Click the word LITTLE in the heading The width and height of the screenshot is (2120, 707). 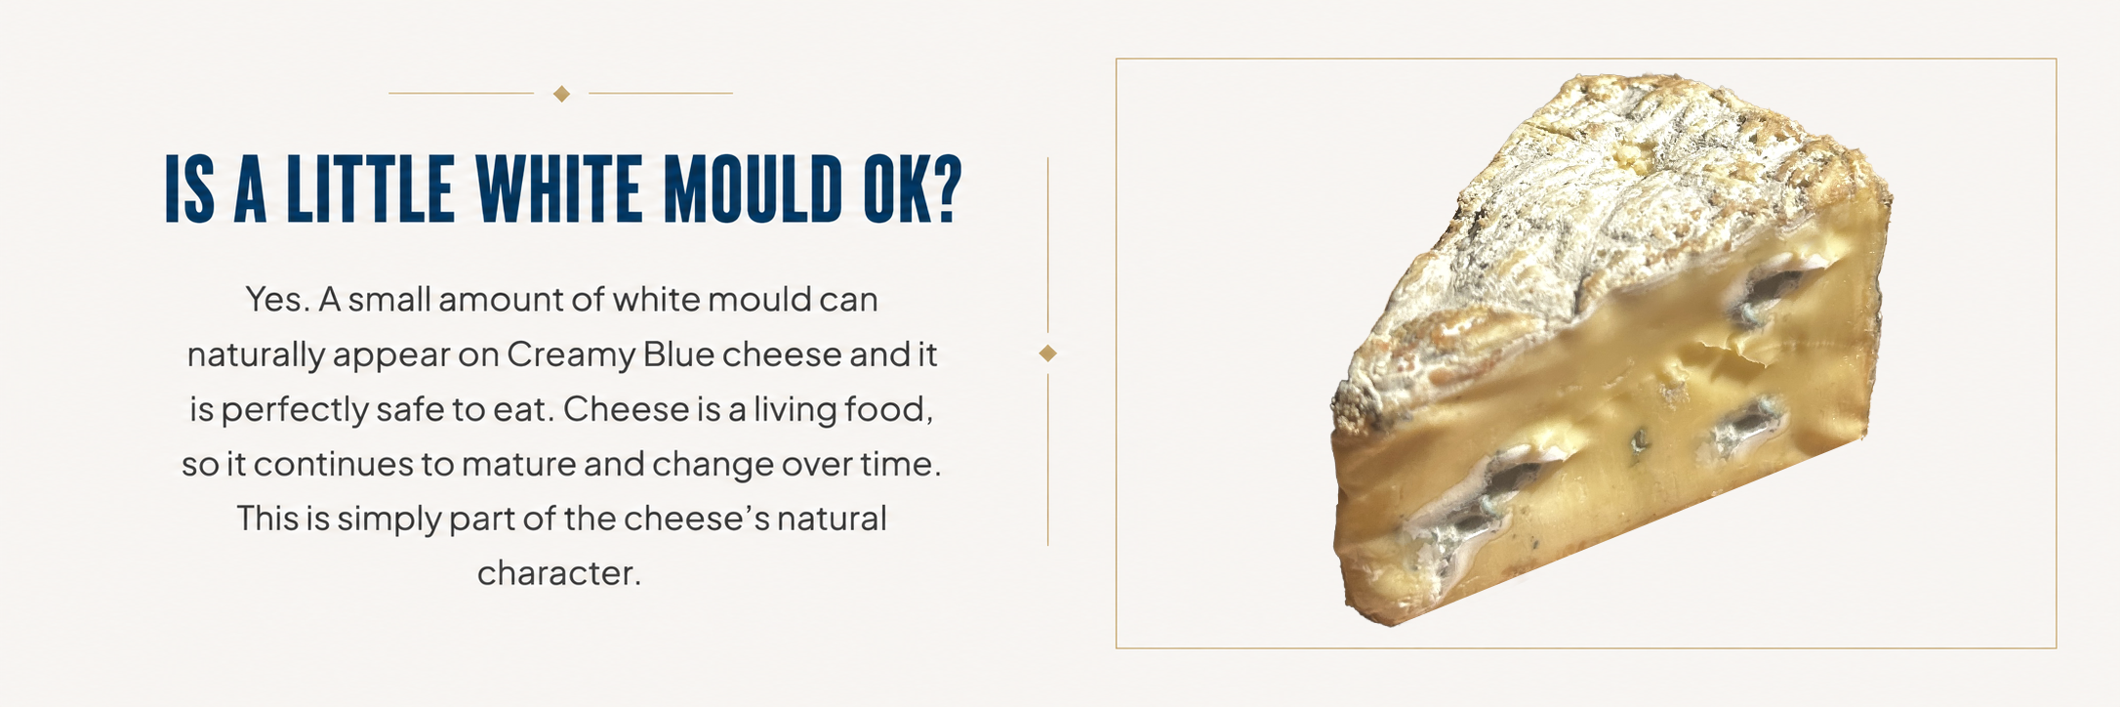370,188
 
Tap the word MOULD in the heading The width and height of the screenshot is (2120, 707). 753,188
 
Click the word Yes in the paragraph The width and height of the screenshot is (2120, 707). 277,299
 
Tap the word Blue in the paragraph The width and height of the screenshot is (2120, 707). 678,353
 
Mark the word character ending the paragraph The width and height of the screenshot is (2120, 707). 558,573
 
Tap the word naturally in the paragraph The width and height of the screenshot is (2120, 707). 256,355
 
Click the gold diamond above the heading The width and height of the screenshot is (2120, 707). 561,94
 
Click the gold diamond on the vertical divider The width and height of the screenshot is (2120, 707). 1048,353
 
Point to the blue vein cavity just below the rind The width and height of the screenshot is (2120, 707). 1772,288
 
